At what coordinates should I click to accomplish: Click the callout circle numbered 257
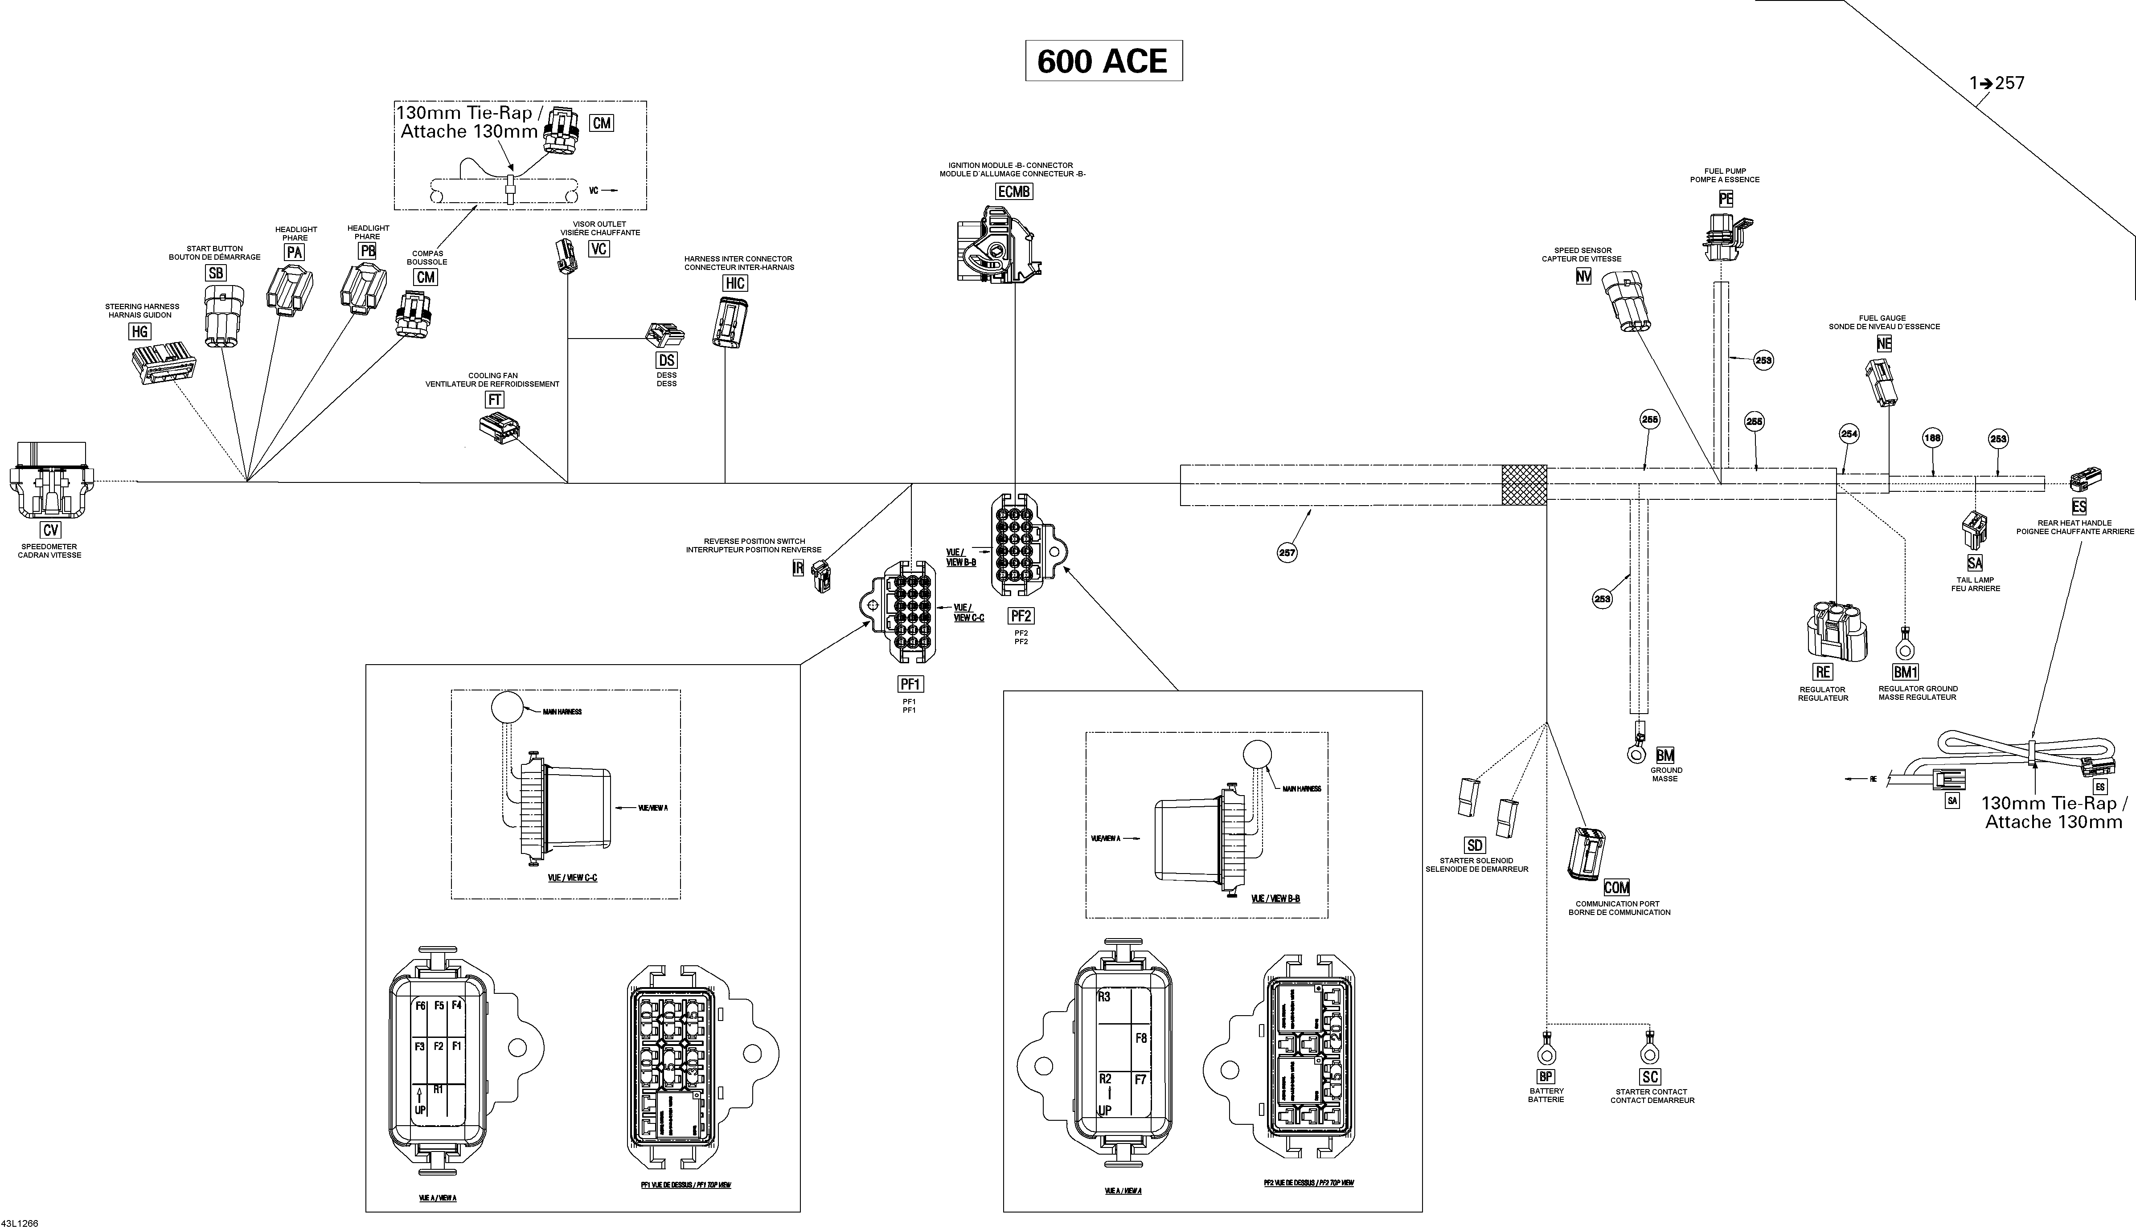point(1287,553)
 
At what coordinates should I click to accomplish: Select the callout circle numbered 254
point(1849,434)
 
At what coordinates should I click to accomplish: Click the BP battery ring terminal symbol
point(1547,1053)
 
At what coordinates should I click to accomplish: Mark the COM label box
point(1616,887)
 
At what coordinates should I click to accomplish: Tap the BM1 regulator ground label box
point(1906,672)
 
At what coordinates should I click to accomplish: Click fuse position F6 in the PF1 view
point(420,1005)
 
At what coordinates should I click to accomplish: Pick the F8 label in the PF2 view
point(1141,1038)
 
